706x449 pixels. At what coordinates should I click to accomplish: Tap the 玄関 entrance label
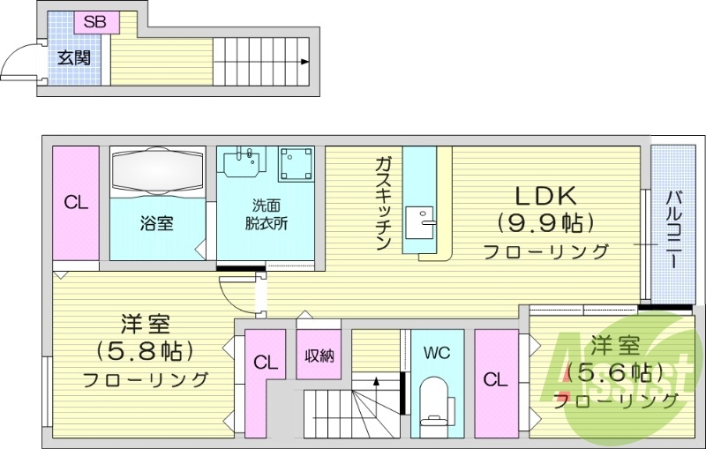coord(73,60)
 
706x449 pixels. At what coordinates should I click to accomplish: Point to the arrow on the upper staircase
coord(304,62)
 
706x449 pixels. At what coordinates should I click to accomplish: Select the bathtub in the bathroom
coord(157,169)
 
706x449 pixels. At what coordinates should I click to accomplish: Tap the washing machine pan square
coord(296,164)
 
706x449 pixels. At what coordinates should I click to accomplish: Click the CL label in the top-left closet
coord(76,202)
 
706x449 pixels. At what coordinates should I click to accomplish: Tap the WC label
coord(436,353)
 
